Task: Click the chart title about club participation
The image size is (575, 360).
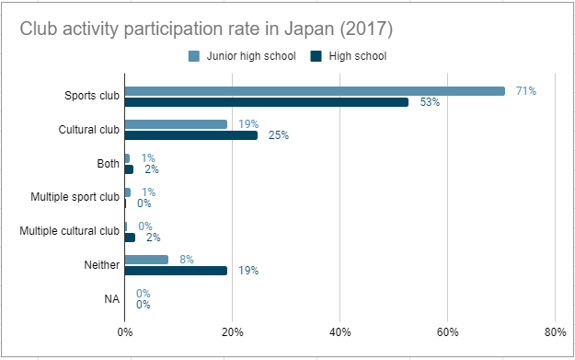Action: pyautogui.click(x=207, y=29)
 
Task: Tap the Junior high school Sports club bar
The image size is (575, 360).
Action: pyautogui.click(x=315, y=91)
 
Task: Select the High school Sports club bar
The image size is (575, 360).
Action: pyautogui.click(x=266, y=102)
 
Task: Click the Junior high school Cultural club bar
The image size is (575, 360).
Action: pyautogui.click(x=176, y=124)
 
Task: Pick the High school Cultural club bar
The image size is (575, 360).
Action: pyautogui.click(x=191, y=135)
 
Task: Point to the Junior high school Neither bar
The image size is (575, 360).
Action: pyautogui.click(x=146, y=260)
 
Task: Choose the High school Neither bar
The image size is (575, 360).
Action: pyautogui.click(x=176, y=271)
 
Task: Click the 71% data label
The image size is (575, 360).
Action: pyautogui.click(x=525, y=91)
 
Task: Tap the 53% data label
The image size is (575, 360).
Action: pyautogui.click(x=429, y=102)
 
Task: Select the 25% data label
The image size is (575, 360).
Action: pyautogui.click(x=279, y=135)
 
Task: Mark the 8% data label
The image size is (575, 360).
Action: pyautogui.click(x=186, y=260)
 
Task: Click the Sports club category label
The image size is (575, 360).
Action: pyautogui.click(x=91, y=96)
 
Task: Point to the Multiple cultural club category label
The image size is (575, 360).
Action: pyautogui.click(x=70, y=231)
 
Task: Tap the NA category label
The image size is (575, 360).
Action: pyautogui.click(x=112, y=299)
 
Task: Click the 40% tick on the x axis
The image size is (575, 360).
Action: pyautogui.click(x=340, y=332)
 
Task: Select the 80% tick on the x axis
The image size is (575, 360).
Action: pyautogui.click(x=555, y=332)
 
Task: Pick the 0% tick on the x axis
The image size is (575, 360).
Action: pyautogui.click(x=125, y=332)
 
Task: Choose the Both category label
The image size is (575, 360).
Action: pyautogui.click(x=107, y=164)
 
